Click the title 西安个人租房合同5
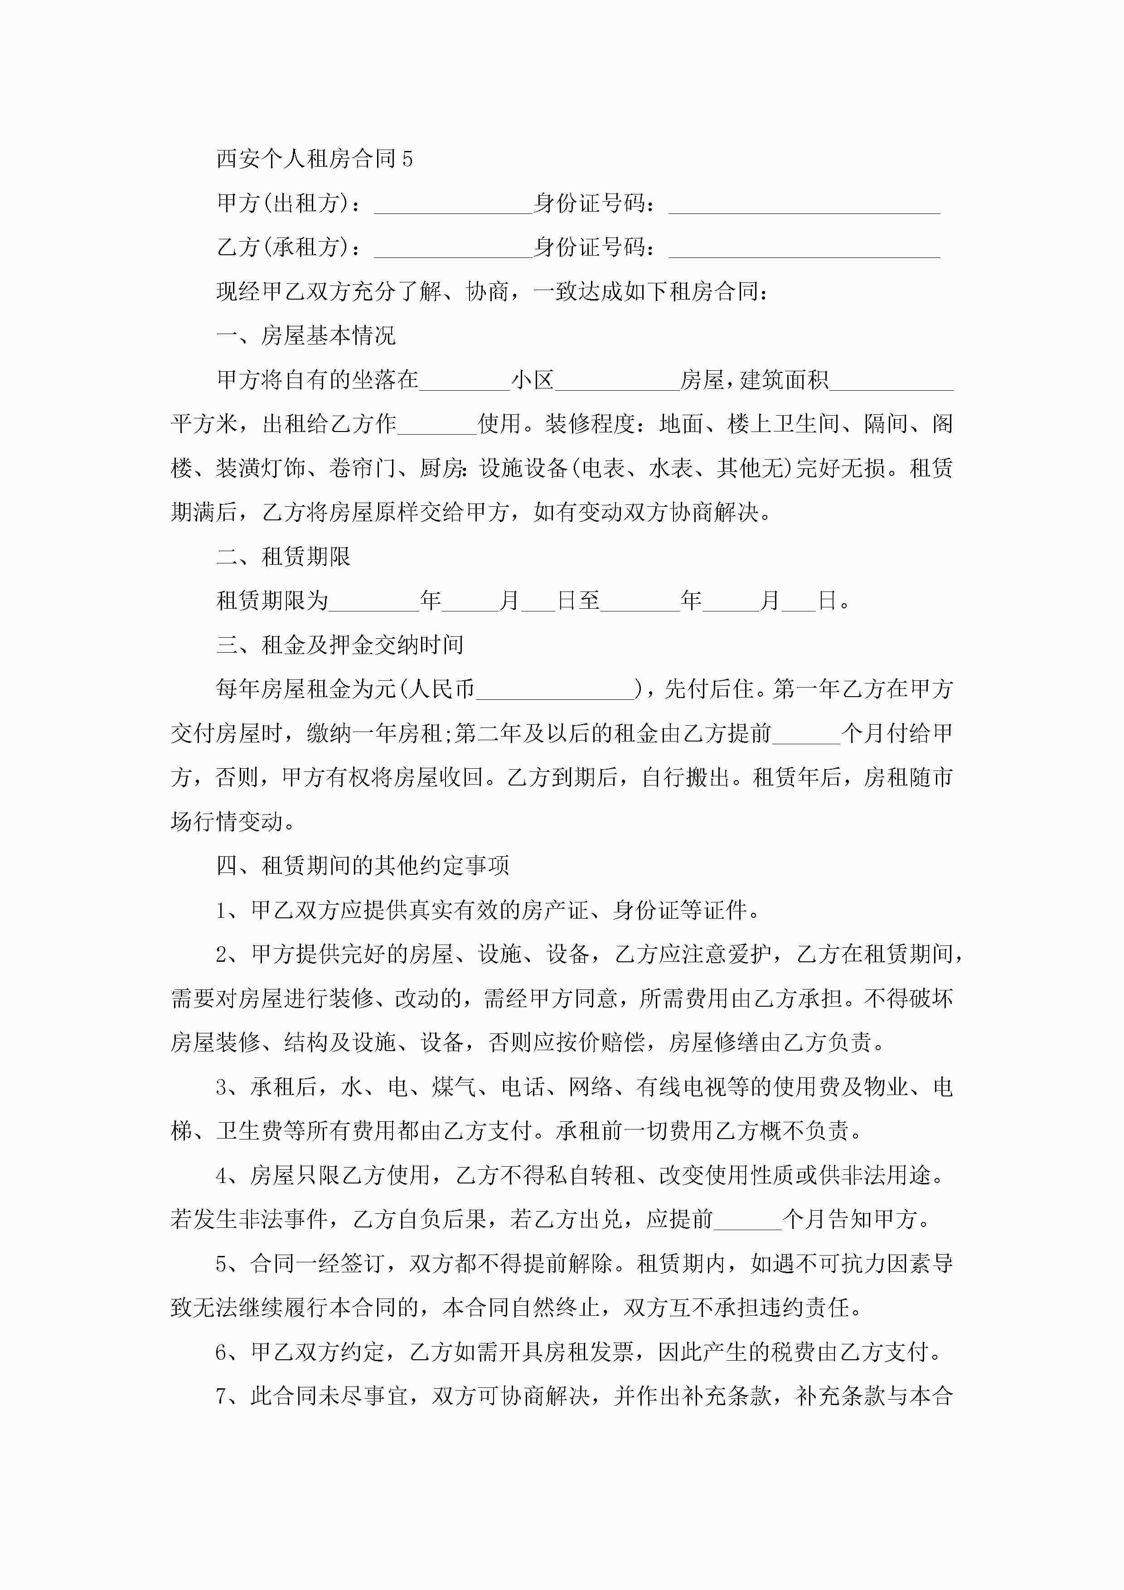315,159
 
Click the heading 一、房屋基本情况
305,336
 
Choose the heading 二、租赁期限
283,557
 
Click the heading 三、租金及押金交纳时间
339,645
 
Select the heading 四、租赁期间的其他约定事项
362,866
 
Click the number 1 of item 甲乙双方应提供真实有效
222,911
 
